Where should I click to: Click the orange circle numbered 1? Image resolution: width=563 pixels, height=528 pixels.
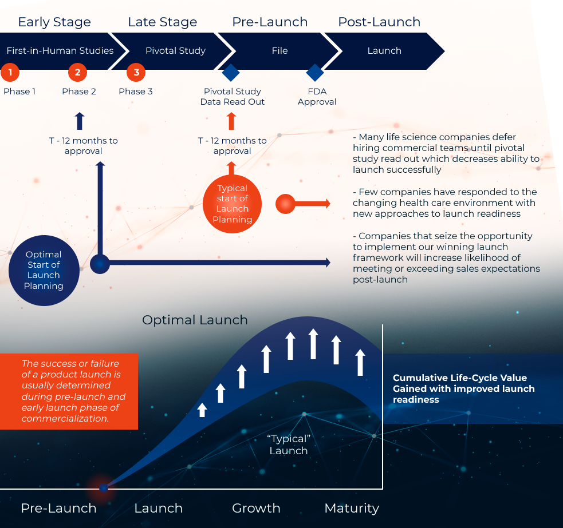point(10,73)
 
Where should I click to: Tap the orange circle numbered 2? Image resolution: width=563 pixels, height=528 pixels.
point(77,73)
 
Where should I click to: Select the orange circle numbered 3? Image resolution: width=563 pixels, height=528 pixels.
point(136,73)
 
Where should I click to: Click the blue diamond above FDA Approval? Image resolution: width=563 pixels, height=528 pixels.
point(315,73)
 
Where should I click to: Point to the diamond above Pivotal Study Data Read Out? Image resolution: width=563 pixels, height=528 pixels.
point(230,73)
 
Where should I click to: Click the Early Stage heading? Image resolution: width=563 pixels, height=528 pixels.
point(54,22)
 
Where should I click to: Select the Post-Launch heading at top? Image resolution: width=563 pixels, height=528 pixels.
point(379,22)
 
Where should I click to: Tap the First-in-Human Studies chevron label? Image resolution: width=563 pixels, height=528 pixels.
point(60,50)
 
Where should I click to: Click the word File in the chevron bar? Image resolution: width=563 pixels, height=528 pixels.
point(279,50)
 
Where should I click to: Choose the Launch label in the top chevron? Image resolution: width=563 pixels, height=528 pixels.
point(384,50)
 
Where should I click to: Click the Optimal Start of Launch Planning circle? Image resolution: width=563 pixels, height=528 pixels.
point(44,270)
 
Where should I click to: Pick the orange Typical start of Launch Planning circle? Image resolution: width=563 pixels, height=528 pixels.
point(232,204)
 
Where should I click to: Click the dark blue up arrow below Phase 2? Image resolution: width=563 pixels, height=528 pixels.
point(80,121)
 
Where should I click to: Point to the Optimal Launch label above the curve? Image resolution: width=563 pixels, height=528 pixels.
point(195,320)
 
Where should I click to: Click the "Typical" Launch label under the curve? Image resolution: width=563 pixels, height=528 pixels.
point(289,444)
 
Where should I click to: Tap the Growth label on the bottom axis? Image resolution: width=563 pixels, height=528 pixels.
point(256,508)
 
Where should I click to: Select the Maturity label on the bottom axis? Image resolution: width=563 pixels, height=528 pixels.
point(352,508)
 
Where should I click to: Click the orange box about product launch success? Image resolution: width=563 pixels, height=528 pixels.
point(69,391)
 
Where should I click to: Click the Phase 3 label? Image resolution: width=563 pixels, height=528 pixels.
point(136,92)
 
